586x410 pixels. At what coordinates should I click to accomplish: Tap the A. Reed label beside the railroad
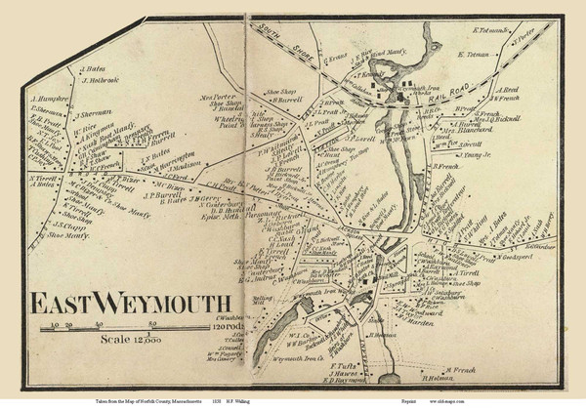[x=508, y=90]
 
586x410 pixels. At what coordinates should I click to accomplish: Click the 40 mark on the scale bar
[x=100, y=322]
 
